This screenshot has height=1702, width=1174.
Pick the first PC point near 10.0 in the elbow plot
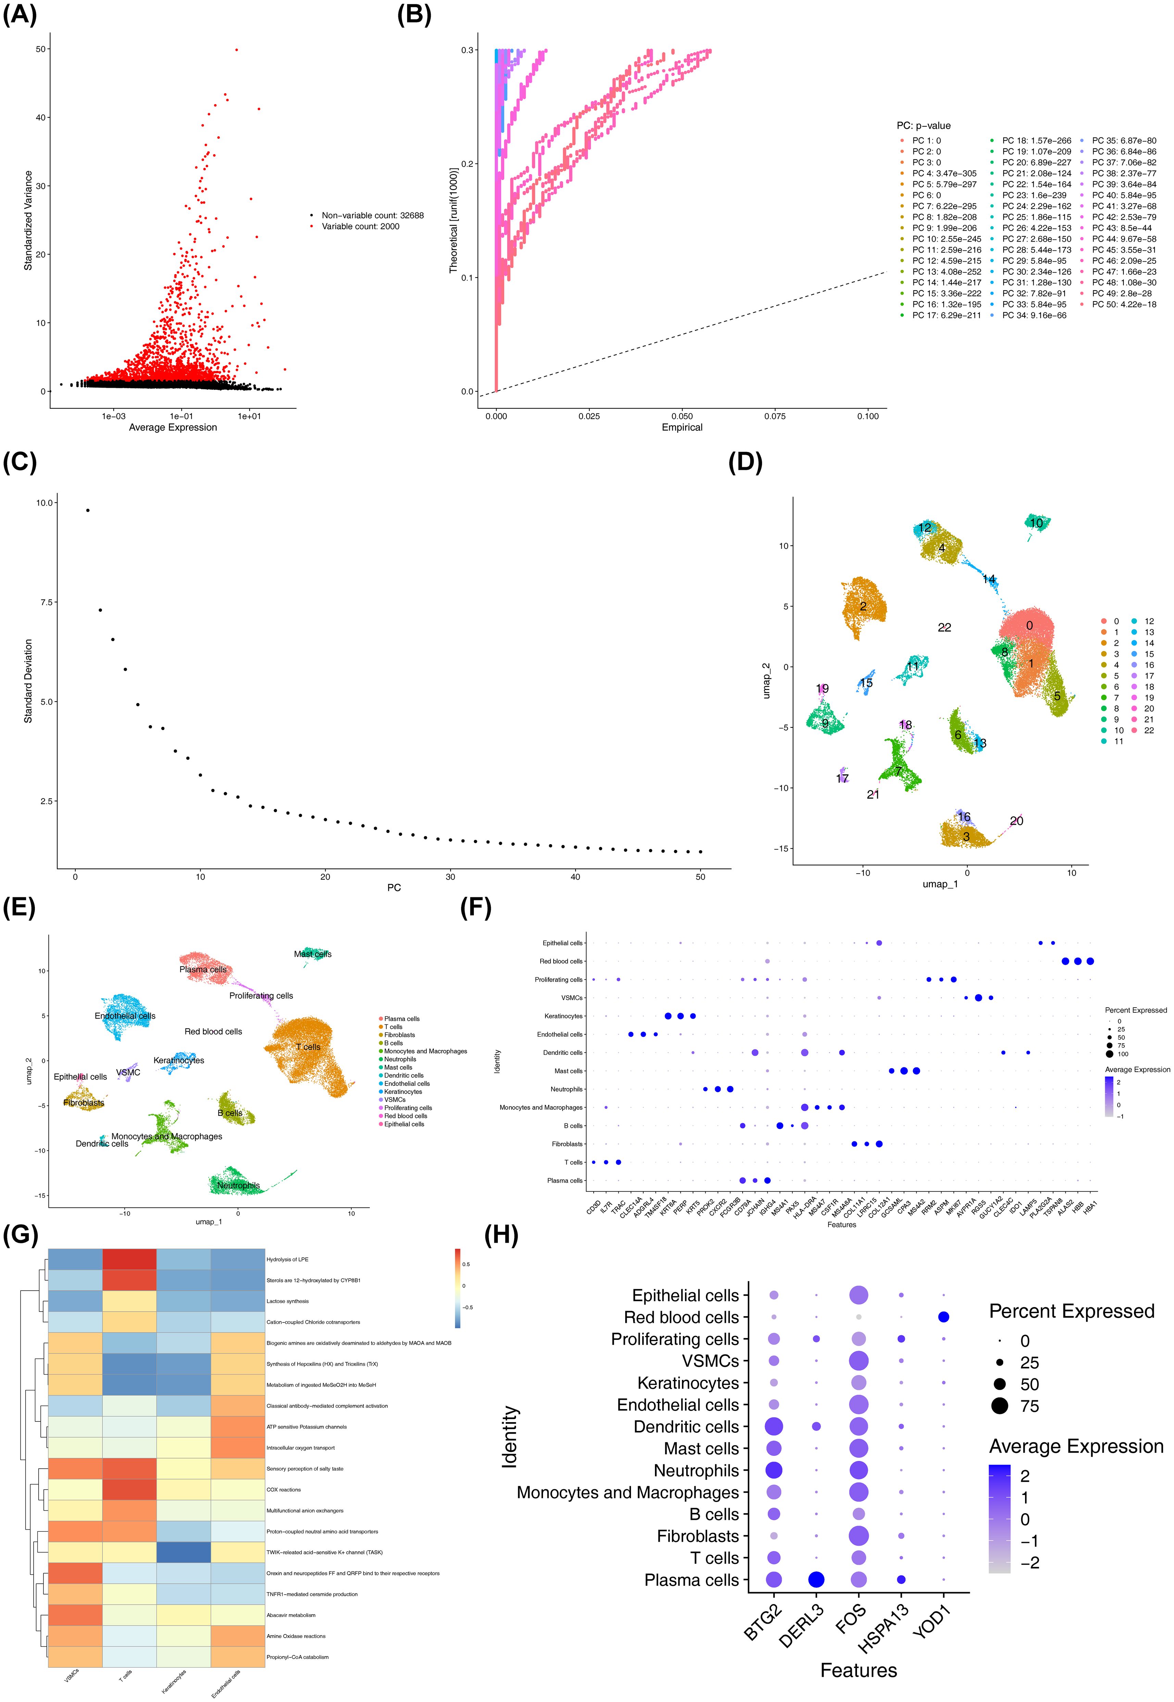(88, 510)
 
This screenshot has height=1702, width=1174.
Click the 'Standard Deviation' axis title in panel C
(28, 681)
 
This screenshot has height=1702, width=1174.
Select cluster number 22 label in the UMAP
(945, 628)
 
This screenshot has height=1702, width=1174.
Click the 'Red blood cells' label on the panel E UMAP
(213, 1032)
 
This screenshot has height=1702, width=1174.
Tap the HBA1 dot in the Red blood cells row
(1090, 961)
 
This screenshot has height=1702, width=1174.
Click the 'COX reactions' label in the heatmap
(284, 1490)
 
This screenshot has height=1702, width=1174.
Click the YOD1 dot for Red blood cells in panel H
(944, 1317)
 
